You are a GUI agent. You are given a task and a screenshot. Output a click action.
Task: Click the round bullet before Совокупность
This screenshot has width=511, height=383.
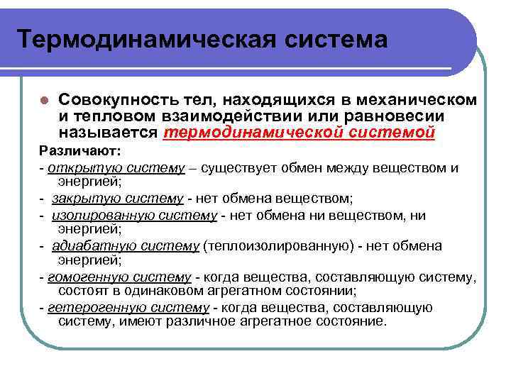[44, 99]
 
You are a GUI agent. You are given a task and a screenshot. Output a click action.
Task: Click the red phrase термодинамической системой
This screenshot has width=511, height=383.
[299, 133]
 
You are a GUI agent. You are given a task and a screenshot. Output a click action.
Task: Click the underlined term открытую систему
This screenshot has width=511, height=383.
[94, 167]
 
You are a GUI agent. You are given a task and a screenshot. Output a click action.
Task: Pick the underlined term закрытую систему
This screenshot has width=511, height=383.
[112, 197]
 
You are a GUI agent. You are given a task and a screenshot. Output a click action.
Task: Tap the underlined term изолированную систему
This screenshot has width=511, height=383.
[134, 215]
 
